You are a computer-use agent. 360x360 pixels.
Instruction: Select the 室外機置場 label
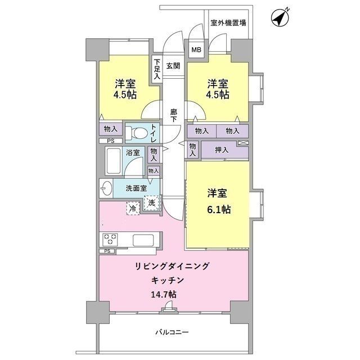tap(228, 23)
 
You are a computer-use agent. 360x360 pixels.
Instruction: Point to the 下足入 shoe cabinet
tap(157, 69)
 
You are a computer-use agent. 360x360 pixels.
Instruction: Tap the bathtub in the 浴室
tap(114, 162)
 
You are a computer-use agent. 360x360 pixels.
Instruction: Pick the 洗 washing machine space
tap(151, 204)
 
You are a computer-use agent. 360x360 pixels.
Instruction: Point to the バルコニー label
tap(172, 332)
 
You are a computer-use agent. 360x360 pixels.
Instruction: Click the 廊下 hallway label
tap(173, 115)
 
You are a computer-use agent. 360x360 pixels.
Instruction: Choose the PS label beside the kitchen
tap(107, 251)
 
